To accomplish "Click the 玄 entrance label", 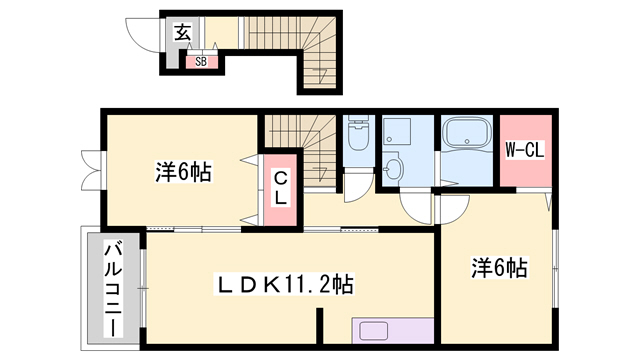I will click(x=183, y=32).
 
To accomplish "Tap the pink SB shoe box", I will click(x=200, y=60).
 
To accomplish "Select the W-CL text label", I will click(x=523, y=152).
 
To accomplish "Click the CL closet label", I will click(x=281, y=188).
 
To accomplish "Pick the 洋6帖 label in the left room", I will click(x=181, y=172).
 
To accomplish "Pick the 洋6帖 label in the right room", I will click(x=499, y=267).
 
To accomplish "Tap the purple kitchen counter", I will click(x=392, y=332).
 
